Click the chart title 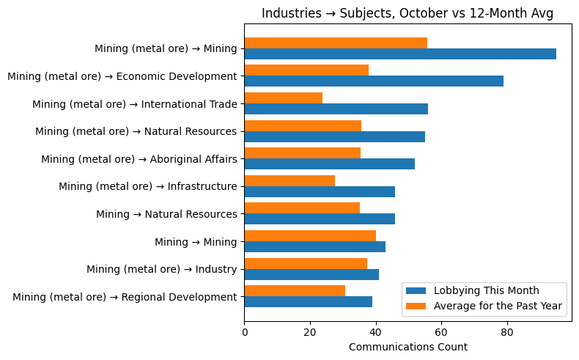[x=407, y=13]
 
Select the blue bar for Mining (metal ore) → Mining [x=399, y=54]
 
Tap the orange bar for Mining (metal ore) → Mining [x=336, y=43]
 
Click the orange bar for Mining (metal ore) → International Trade [x=283, y=98]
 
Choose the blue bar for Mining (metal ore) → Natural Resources [x=334, y=136]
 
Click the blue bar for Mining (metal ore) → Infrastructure [x=319, y=191]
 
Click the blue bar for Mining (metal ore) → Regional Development [x=308, y=302]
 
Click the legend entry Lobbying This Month [x=486, y=290]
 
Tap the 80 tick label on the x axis [x=506, y=332]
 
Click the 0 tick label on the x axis [x=244, y=332]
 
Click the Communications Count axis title [x=407, y=347]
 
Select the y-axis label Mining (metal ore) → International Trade [x=134, y=104]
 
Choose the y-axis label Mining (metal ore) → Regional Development [x=125, y=297]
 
